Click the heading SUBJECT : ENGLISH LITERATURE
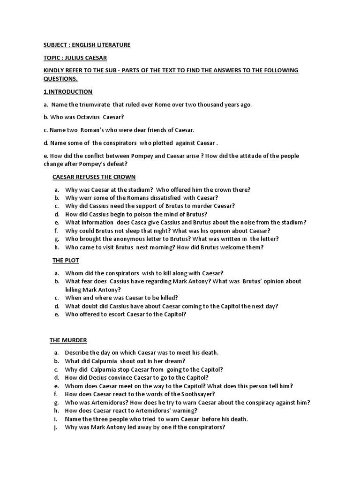(x=87, y=45)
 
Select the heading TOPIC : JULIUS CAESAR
(x=75, y=58)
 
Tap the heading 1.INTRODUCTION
(x=68, y=91)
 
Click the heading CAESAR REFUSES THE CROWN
(x=94, y=177)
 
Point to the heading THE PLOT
(x=66, y=260)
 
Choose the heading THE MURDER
(x=68, y=340)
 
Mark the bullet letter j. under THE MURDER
(x=56, y=427)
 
